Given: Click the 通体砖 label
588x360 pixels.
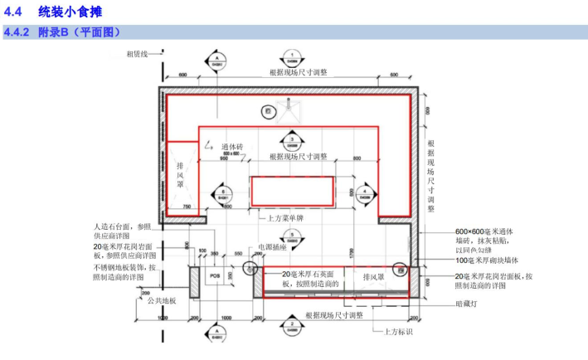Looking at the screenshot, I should (x=232, y=148).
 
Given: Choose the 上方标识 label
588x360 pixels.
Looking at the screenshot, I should (x=397, y=332).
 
